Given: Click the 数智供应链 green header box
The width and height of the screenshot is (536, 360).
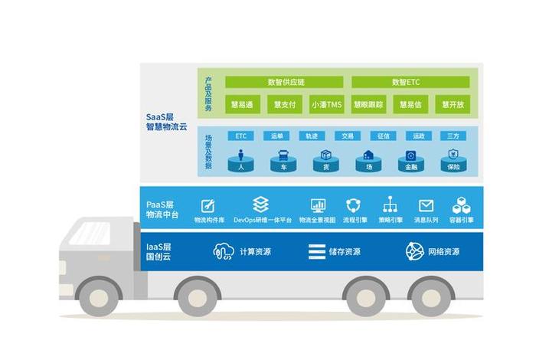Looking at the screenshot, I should click(285, 82).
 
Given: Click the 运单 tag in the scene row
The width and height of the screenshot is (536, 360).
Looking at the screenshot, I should click(277, 136).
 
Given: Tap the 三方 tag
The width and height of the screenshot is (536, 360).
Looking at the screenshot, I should click(454, 136).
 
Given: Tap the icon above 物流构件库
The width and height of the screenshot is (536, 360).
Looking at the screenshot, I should click(208, 205).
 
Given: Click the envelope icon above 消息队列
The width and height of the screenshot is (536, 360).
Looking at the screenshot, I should click(426, 205).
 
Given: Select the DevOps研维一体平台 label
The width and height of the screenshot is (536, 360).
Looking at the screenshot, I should click(262, 220).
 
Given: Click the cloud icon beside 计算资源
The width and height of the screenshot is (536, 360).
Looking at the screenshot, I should click(224, 251).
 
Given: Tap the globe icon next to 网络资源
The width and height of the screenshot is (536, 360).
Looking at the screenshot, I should click(414, 251).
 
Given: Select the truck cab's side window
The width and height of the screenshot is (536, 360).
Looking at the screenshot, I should click(90, 233).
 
